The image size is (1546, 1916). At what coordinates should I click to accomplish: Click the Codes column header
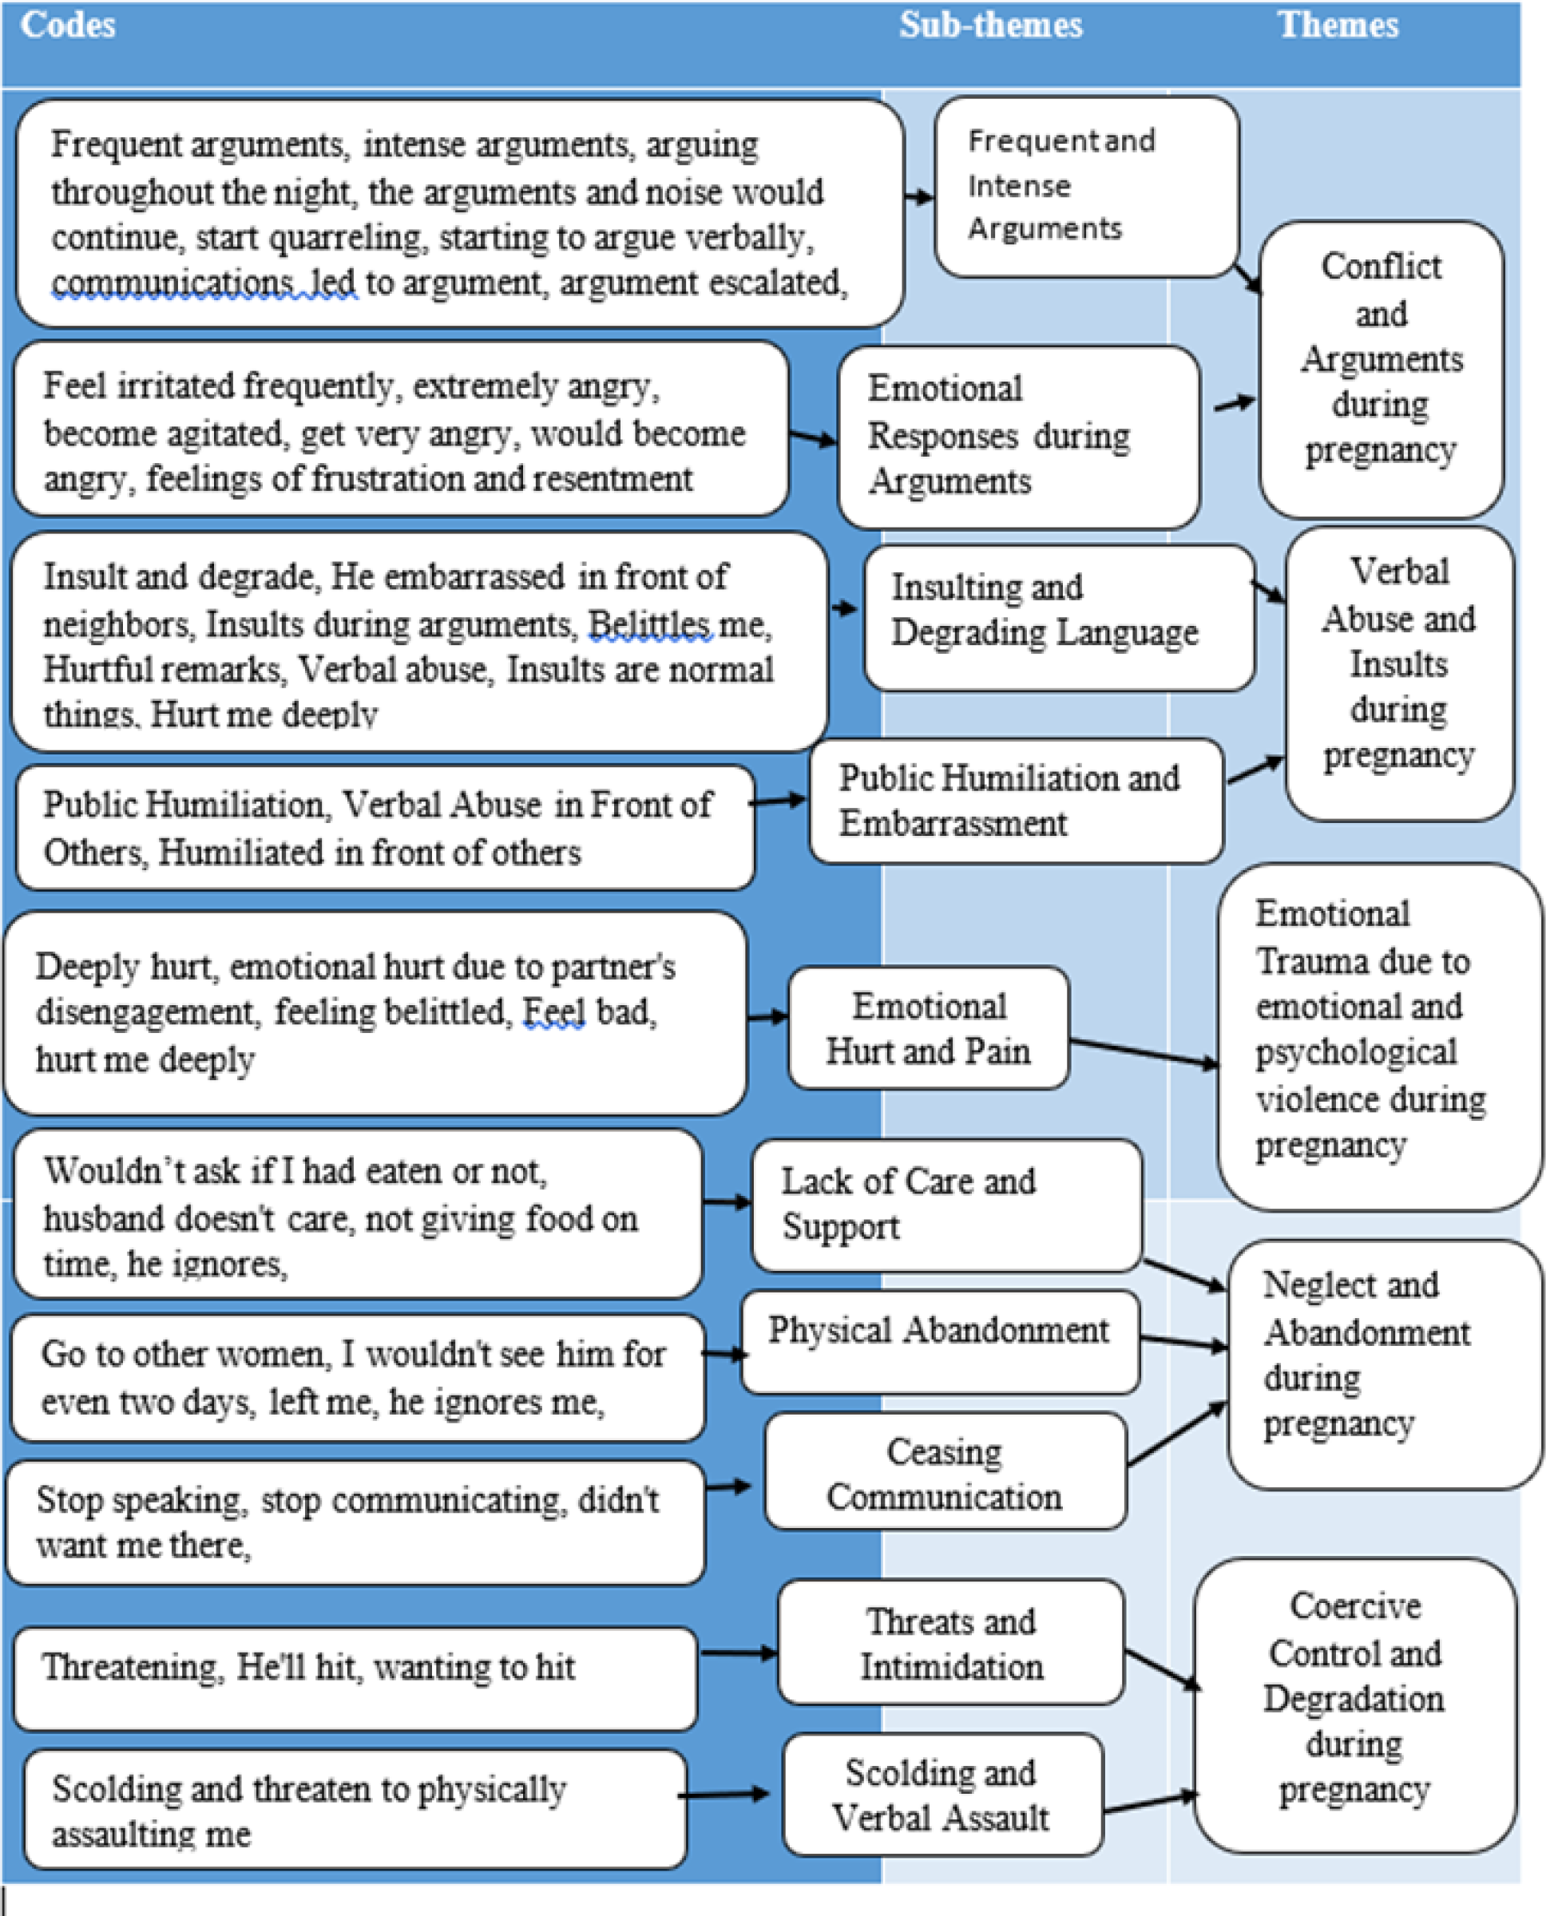69,25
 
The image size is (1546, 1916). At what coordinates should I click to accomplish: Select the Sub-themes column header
990,25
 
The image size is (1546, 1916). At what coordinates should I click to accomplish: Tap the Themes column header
1338,25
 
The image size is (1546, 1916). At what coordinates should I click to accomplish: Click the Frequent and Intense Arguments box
1085,186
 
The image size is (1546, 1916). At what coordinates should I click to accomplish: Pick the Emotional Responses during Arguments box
1018,436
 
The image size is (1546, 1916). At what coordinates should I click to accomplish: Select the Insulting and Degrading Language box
1058,617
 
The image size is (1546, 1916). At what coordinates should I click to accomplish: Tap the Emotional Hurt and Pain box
928,1027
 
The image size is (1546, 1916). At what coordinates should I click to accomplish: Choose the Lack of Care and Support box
945,1205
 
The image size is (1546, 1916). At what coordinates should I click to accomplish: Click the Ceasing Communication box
945,1474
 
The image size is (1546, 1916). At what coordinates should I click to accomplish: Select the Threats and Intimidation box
950,1643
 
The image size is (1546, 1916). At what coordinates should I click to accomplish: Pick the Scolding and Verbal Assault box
942,1794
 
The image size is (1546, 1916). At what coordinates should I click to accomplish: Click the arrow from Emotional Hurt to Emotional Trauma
1144,1052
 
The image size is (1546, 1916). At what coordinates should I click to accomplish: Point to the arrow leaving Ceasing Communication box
1176,1435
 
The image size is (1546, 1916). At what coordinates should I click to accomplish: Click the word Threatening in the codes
133,1667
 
